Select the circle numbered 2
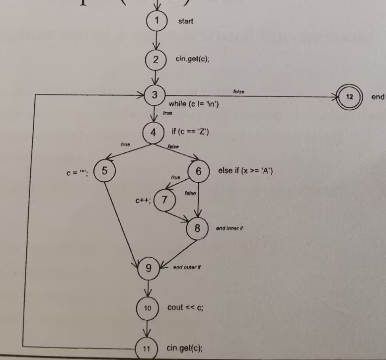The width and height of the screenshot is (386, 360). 155,60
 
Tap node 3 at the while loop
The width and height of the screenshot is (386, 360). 154,95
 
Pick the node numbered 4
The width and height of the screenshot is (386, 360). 153,133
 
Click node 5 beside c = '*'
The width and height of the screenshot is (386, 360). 104,171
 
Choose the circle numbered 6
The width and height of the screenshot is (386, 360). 198,171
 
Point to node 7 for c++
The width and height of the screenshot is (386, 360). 164,200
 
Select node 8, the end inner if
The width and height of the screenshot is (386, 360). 197,229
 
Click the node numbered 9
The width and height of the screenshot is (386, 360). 149,269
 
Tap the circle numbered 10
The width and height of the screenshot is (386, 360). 147,308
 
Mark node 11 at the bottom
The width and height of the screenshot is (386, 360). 146,348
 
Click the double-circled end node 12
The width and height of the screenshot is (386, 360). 350,96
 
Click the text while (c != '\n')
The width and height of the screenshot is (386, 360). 194,104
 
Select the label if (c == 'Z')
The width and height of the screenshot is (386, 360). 190,132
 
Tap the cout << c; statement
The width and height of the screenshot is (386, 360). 185,307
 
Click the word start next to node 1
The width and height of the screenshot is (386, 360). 185,21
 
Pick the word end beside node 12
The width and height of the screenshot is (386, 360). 378,96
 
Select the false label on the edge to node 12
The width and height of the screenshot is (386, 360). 238,91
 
